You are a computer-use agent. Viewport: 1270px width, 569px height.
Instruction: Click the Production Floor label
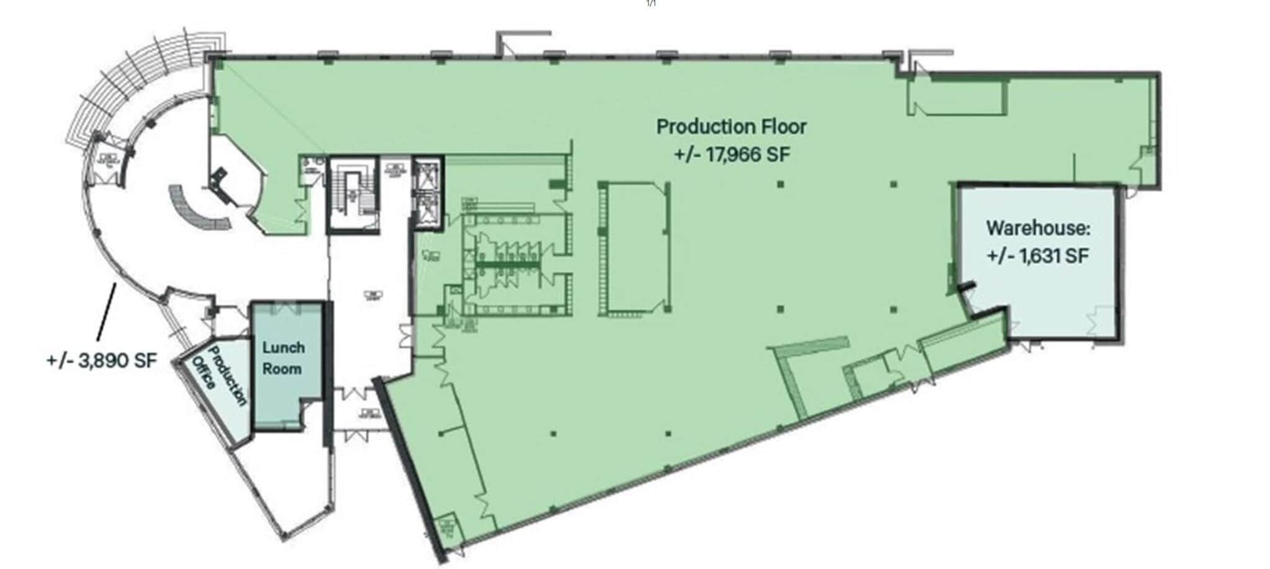[x=731, y=127]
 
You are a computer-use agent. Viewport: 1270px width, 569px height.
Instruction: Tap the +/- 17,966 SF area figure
[x=732, y=154]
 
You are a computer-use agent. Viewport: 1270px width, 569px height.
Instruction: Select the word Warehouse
[x=1037, y=228]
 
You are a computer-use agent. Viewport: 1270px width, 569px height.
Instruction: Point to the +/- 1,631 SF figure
[x=1037, y=255]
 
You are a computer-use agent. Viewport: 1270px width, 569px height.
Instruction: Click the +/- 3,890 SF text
[x=101, y=361]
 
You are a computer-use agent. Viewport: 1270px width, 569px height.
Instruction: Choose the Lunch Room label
[x=283, y=358]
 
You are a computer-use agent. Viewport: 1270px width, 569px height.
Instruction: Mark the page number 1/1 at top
[x=651, y=4]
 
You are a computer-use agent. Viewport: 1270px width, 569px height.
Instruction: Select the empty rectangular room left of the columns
[x=636, y=248]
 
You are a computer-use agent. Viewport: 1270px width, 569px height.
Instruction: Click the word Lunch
[x=283, y=348]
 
